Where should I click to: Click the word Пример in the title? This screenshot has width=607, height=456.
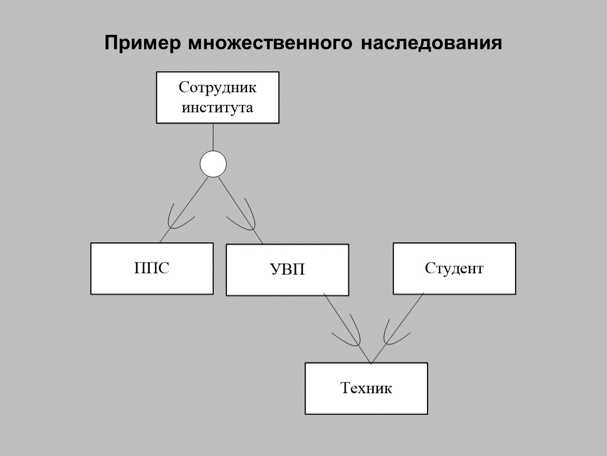tap(140, 43)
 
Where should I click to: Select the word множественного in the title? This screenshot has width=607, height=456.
tap(269, 43)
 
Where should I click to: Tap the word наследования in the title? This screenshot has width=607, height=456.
tap(431, 43)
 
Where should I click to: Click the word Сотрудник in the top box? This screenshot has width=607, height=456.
tap(217, 87)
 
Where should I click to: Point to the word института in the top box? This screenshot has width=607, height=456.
tap(217, 108)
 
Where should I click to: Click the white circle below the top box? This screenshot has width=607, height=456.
tap(213, 165)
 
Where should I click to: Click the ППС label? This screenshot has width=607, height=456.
tap(152, 269)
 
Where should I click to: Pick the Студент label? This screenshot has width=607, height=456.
tap(454, 269)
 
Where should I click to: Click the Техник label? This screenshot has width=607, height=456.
tap(366, 389)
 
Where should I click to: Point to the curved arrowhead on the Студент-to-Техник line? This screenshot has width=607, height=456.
tap(395, 331)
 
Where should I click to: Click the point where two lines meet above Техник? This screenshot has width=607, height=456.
tap(371, 363)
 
